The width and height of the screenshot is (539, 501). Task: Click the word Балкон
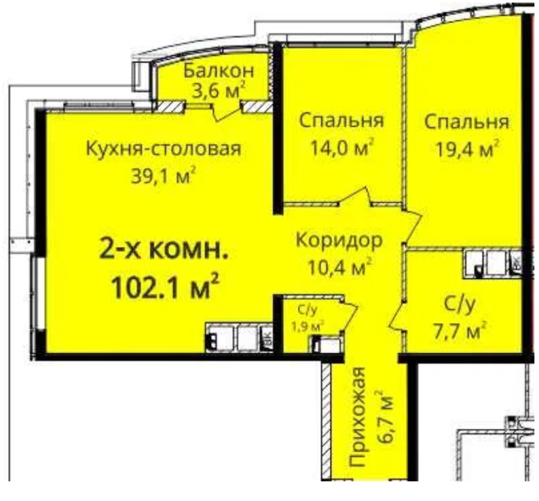click(x=219, y=71)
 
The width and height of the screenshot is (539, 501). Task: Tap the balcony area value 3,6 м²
click(x=219, y=91)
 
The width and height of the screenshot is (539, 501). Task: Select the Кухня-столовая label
click(x=163, y=149)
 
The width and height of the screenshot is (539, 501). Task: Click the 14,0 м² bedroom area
click(x=341, y=148)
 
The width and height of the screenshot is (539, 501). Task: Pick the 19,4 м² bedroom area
click(x=467, y=149)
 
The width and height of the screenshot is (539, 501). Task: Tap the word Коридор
click(x=339, y=240)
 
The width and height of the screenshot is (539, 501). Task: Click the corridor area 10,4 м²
click(x=339, y=267)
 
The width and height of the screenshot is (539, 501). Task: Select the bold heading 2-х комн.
click(x=164, y=249)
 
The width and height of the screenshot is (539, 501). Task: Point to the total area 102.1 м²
click(x=165, y=286)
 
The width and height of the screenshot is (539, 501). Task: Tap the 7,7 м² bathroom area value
click(x=459, y=331)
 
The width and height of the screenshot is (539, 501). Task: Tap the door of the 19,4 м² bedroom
click(x=412, y=227)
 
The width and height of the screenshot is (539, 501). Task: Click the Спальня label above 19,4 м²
click(x=466, y=123)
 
